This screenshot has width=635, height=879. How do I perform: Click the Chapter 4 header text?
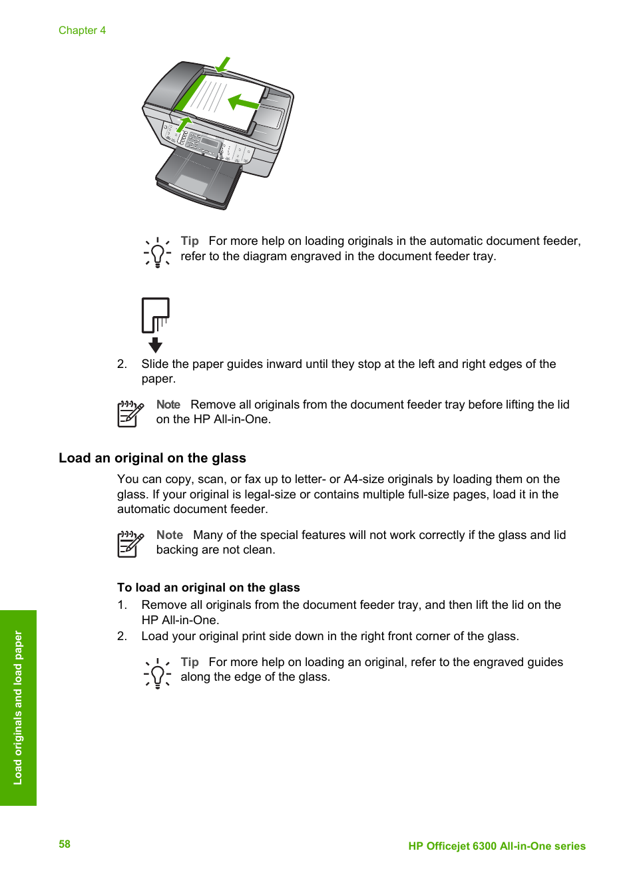point(82,31)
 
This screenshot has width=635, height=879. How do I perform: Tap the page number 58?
point(65,844)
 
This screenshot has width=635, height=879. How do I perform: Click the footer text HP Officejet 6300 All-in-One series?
point(497,846)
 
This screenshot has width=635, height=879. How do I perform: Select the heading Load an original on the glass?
point(152,458)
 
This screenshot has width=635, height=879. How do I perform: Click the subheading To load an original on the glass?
point(208,588)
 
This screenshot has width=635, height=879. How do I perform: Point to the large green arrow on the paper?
point(243,103)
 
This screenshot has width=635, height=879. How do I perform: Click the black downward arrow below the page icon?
point(155,345)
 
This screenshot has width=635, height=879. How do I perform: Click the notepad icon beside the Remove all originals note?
point(130,414)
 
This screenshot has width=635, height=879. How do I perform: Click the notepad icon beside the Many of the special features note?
point(130,544)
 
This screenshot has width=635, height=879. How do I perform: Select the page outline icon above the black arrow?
point(156,315)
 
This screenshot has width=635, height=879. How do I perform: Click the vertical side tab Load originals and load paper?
point(18,707)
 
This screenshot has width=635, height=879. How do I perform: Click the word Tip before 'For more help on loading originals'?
point(190,241)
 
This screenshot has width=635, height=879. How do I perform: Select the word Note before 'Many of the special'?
point(170,535)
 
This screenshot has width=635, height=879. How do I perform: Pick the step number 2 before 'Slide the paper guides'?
point(122,364)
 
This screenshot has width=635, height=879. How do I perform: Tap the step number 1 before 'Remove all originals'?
point(122,605)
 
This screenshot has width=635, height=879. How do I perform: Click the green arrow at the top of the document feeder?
point(223,65)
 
